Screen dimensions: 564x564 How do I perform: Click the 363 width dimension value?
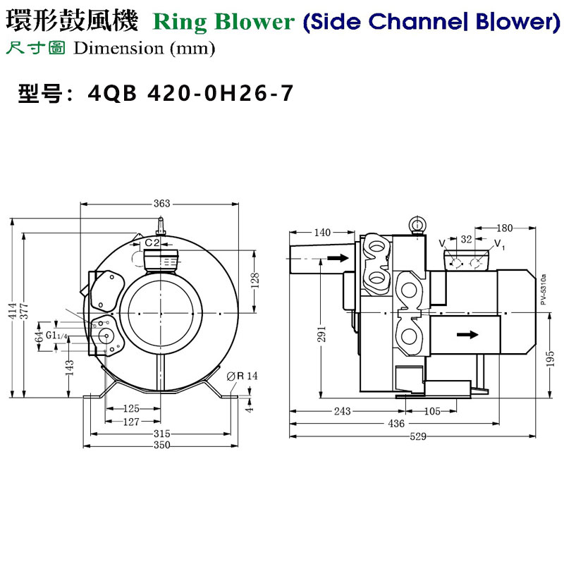[x=161, y=204]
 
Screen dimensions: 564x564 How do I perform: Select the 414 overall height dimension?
[x=12, y=316]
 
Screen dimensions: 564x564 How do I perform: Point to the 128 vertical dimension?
[x=256, y=280]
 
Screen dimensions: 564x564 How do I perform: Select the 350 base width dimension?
[x=161, y=446]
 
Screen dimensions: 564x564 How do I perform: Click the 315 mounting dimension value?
[x=161, y=433]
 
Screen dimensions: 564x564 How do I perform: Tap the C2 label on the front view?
[x=152, y=243]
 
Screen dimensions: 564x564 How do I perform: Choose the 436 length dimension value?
[x=397, y=424]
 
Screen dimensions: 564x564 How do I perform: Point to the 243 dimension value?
[x=343, y=411]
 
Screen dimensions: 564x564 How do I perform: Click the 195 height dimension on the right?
[x=550, y=360]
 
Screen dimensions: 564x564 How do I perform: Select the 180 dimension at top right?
[x=504, y=228]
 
